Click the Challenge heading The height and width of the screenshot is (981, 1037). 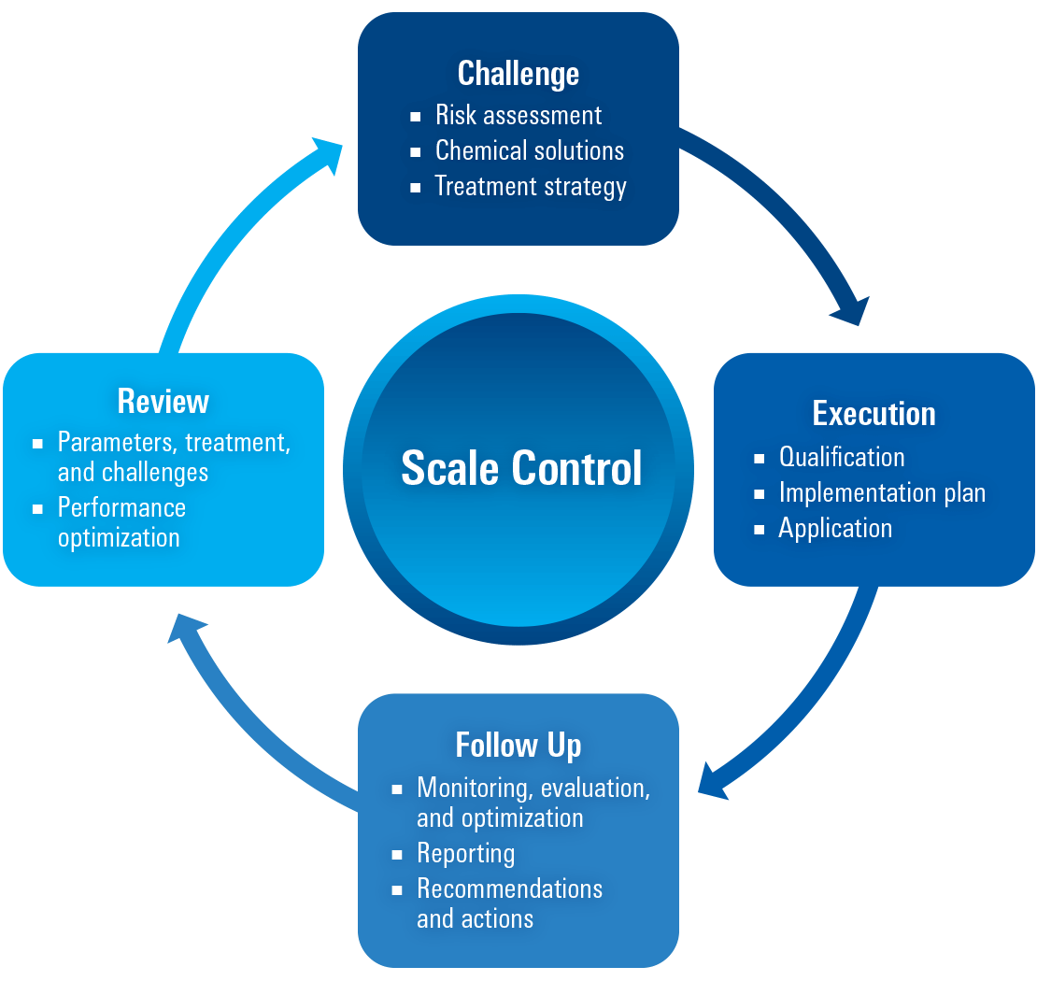click(x=518, y=74)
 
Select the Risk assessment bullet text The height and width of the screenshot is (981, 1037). click(x=518, y=116)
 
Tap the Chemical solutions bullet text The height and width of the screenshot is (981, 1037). click(x=529, y=151)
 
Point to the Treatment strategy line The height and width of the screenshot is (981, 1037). click(x=530, y=187)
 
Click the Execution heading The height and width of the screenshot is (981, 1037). click(x=874, y=414)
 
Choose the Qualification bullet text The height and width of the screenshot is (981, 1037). click(x=841, y=458)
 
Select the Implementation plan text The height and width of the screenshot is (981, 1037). click(x=882, y=493)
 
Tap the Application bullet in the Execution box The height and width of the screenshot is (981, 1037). click(x=835, y=529)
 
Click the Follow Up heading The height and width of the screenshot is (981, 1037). click(x=518, y=746)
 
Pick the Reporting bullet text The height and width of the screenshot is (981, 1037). click(x=465, y=854)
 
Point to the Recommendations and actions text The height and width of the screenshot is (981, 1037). click(x=509, y=903)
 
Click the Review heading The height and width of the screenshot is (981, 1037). click(x=163, y=402)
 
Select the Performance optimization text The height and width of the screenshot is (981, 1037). click(x=121, y=523)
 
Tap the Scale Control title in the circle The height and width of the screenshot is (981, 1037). click(x=521, y=469)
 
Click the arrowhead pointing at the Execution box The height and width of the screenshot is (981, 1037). click(x=851, y=312)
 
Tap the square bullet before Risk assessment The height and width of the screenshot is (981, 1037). click(x=416, y=117)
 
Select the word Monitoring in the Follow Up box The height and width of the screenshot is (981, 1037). click(x=474, y=789)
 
